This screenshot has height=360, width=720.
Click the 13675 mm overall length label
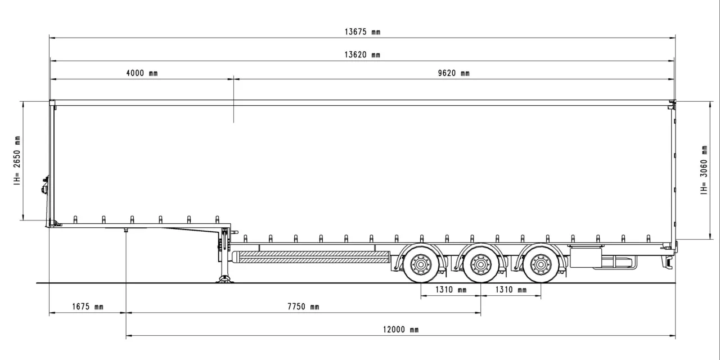point(362,32)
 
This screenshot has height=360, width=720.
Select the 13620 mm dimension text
point(362,55)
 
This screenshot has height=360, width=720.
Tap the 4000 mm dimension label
point(142,73)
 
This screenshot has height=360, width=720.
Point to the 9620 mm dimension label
point(453,73)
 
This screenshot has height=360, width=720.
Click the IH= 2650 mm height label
point(17,160)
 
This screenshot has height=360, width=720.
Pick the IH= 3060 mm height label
point(704,170)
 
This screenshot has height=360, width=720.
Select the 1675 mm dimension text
point(88,307)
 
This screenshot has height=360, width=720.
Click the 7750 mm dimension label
point(303,307)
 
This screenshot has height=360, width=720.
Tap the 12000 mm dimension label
point(400,330)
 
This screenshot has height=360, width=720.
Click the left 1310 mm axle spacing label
point(451,290)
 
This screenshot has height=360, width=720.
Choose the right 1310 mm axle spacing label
point(511,290)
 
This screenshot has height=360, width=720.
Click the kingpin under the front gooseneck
point(126,230)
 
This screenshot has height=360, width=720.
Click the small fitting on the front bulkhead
point(44,186)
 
